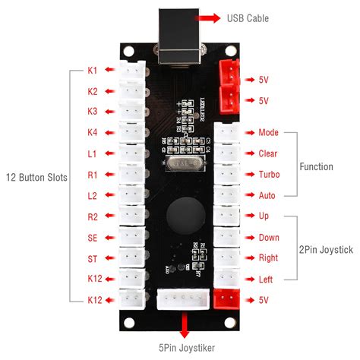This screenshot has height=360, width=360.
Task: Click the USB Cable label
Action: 249,17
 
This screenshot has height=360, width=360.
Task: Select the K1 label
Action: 92,71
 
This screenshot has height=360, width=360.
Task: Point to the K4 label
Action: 92,133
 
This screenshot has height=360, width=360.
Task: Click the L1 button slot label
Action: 92,154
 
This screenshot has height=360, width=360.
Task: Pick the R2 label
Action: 92,216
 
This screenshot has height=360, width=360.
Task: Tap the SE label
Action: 92,238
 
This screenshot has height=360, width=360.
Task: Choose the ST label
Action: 92,259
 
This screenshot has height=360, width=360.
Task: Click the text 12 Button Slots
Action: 36,178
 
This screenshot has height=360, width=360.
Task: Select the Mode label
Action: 269,132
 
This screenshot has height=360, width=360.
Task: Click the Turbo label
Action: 269,175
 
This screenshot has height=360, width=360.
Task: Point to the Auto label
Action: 268,195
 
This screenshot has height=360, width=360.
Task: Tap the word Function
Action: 316,166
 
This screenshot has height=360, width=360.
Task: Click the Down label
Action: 269,238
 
